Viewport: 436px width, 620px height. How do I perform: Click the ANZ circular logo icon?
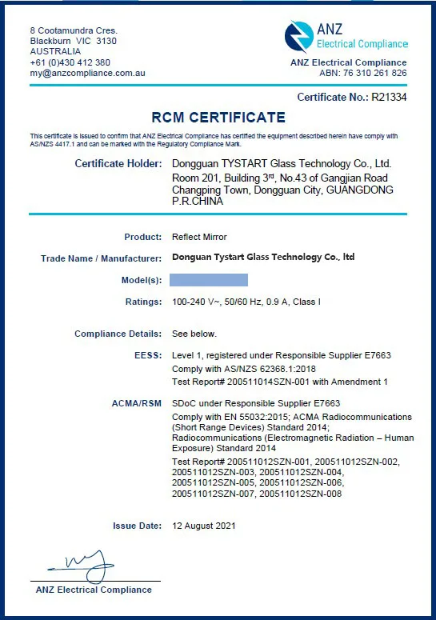coord(299,37)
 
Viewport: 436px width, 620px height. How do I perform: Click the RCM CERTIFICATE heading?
coord(218,118)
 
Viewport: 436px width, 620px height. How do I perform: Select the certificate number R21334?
coord(389,97)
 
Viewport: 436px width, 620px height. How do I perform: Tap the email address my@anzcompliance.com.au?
coord(88,73)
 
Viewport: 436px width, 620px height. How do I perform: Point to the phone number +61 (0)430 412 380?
coord(70,62)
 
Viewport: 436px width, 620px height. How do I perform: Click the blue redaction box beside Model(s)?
coord(210,279)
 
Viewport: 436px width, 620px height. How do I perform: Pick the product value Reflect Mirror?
coord(199,237)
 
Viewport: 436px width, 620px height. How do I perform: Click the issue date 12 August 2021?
coord(204,526)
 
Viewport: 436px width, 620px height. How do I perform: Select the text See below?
coord(194,334)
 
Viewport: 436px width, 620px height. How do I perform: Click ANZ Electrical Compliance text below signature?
coord(94,590)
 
